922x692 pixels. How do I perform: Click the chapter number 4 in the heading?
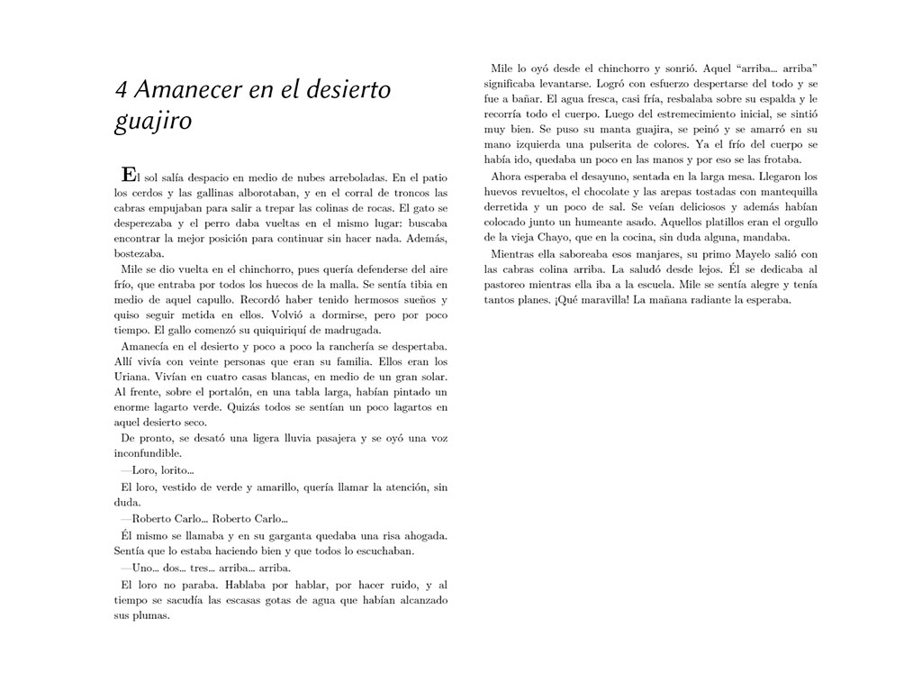click(x=121, y=90)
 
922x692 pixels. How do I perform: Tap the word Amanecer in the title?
click(x=177, y=90)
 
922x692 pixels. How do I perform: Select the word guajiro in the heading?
click(x=152, y=121)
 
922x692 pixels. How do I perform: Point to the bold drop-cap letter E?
click(x=129, y=173)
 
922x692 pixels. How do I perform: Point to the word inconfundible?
click(x=149, y=454)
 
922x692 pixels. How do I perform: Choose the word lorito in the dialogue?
click(x=176, y=470)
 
